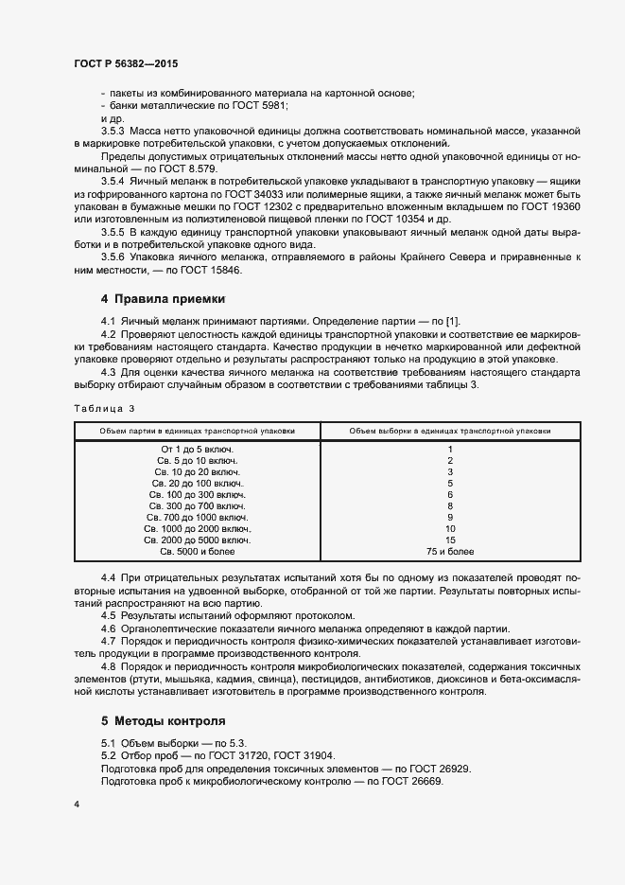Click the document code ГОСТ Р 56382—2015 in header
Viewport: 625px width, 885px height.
point(125,63)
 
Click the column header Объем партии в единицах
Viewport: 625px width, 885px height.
point(198,431)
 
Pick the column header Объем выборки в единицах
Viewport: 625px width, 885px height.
point(450,431)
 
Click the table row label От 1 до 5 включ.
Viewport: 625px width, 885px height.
point(198,449)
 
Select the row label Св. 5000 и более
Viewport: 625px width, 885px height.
point(198,551)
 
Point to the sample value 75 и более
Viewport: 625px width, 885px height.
point(450,551)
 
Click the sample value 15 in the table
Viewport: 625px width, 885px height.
point(450,540)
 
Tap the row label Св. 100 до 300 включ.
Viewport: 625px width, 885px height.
point(198,494)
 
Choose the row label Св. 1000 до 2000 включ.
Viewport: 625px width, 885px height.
point(198,528)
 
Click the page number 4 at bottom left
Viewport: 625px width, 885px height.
point(76,804)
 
